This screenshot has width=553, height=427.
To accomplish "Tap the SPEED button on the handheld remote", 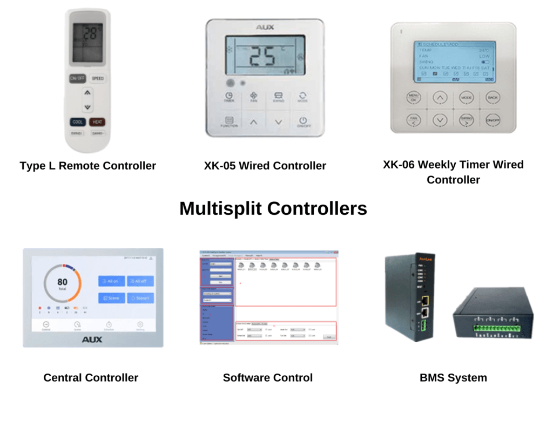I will coord(97,78).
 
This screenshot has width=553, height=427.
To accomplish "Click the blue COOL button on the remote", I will coord(78,122).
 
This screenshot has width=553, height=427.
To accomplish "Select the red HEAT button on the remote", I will coord(97,122).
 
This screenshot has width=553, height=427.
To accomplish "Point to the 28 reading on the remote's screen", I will coord(92,34).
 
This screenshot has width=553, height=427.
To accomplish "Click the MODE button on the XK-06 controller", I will coord(466,98).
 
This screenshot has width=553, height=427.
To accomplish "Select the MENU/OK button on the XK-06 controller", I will coord(414,98).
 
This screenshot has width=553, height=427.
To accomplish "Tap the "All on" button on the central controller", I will coord(111,281).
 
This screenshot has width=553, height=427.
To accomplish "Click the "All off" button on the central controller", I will coord(140,281).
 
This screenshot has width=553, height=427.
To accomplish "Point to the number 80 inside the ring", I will coord(63,282).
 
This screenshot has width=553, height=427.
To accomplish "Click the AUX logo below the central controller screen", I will coord(92,340).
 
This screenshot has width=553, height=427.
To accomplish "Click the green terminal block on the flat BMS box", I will coord(497,327).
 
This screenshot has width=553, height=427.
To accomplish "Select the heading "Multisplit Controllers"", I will coord(273,208).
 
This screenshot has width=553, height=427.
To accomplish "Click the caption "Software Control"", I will coord(268,378).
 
